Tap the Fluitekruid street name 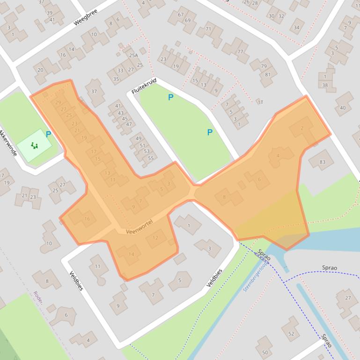coord(144,86)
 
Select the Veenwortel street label coord(139,227)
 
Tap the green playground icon coord(35,145)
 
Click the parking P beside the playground coord(48,135)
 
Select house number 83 coord(323,162)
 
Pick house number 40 coord(343,108)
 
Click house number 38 coord(325,85)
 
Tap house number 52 coord(291,333)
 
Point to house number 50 coord(265,353)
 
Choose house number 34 coord(296,28)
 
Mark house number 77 coord(240,52)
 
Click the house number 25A coord(133,55)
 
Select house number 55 coord(150,158)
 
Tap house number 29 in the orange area coord(58,103)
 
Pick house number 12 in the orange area coord(155,238)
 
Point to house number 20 coord(40,70)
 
